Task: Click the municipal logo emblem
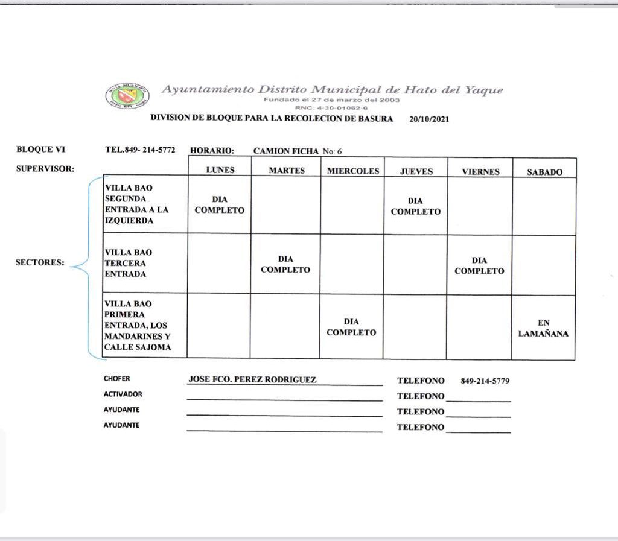tap(128, 95)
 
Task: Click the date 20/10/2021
tap(428, 119)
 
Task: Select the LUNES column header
tap(220, 170)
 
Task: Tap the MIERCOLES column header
tap(353, 171)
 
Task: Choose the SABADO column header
tap(544, 172)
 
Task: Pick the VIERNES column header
tap(480, 171)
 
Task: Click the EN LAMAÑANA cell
tap(543, 328)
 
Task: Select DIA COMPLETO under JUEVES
tap(415, 206)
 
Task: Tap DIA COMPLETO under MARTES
tap(285, 264)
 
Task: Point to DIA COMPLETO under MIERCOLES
tap(351, 327)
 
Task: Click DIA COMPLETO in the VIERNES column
tap(479, 265)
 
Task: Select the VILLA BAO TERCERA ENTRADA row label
tap(129, 263)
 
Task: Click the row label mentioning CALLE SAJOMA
tap(137, 325)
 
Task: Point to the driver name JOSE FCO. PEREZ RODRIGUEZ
tap(252, 379)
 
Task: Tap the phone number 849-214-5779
tap(485, 381)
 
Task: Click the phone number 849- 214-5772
tap(140, 150)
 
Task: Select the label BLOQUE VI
tap(40, 150)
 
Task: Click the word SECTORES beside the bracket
tap(40, 263)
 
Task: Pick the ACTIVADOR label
tap(123, 394)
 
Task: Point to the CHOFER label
tap(116, 379)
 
